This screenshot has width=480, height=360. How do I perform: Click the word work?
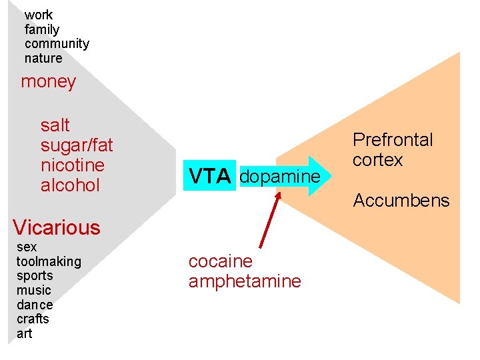39,15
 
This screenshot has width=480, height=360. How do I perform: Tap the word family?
42,29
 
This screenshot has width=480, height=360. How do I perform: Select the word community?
57,44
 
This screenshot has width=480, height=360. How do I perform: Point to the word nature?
43,59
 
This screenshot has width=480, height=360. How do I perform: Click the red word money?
49,82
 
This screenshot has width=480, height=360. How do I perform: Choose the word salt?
55,125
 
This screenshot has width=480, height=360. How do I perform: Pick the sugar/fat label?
77,145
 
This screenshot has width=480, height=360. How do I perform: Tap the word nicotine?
73,165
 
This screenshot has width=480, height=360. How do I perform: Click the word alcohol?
70,185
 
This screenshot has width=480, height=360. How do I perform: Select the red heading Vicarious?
56,227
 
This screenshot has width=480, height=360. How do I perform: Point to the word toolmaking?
49,261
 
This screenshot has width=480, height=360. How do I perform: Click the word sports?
35,276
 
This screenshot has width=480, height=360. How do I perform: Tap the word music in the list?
34,290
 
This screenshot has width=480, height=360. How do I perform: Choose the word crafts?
33,319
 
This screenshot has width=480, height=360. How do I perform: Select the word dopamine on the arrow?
279,177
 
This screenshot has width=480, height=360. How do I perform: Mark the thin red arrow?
269,216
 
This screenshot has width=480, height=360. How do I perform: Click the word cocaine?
221,261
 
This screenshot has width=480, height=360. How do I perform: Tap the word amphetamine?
245,281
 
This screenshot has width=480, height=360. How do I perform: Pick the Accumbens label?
401,200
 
